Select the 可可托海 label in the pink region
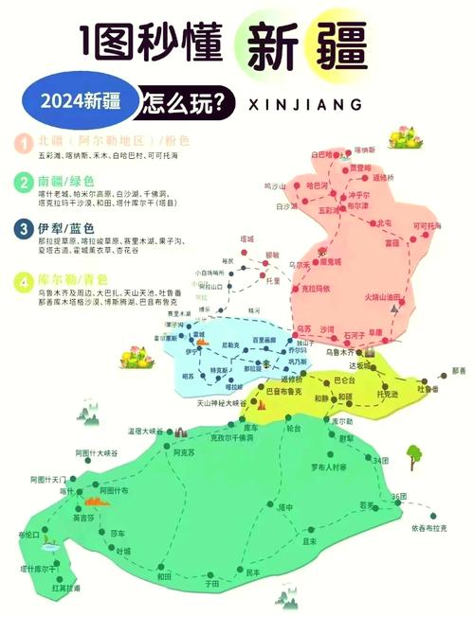pos(428,226)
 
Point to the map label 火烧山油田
pos(388,297)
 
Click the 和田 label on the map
pos(165,575)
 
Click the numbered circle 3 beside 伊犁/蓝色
pos(21,228)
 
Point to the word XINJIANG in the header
pos(308,101)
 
